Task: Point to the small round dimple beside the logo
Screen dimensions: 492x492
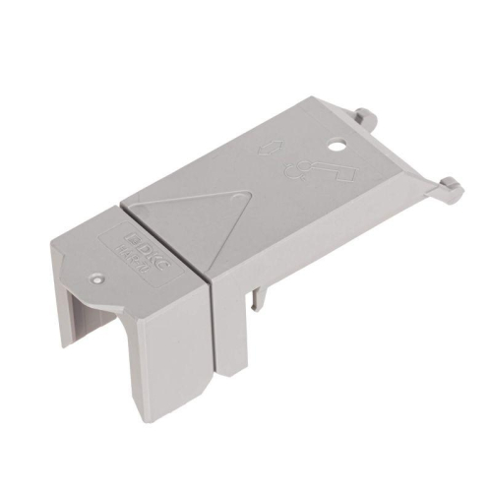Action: click(97, 278)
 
